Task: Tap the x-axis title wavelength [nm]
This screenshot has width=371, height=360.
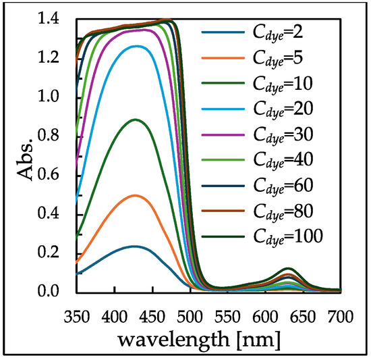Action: tap(209, 336)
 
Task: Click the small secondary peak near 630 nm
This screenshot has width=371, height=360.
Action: tap(288, 269)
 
